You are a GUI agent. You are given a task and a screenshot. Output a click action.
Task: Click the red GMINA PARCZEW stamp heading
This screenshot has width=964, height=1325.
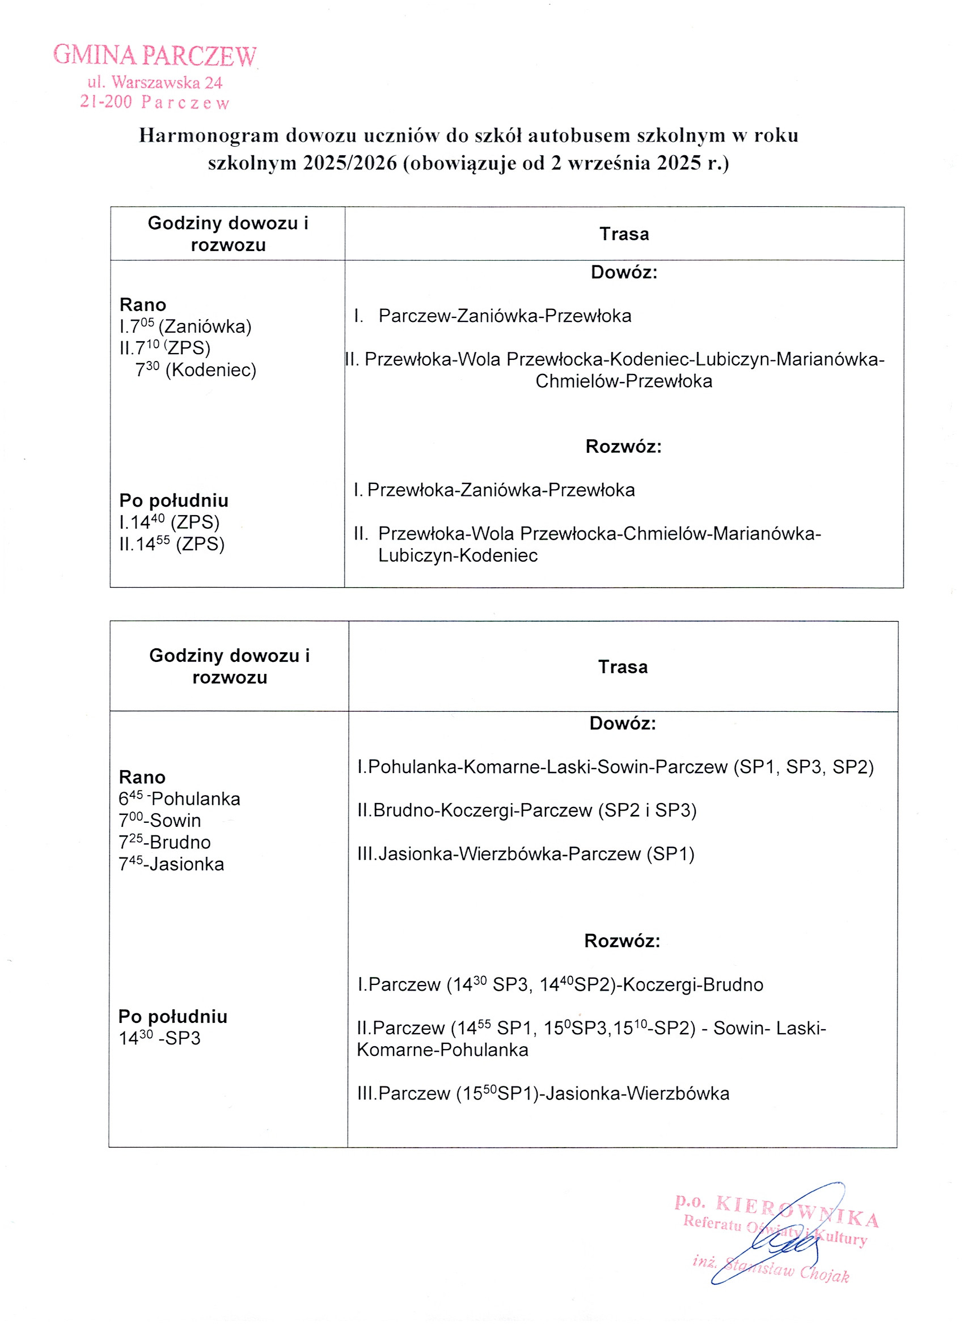[x=154, y=56]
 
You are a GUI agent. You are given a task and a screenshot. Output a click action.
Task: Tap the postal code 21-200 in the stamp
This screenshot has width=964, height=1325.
[x=106, y=101]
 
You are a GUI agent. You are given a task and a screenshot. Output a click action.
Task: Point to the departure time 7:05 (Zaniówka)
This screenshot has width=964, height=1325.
[x=185, y=326]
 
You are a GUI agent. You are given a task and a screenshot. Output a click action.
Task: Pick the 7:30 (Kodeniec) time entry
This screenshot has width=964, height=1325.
[x=196, y=370]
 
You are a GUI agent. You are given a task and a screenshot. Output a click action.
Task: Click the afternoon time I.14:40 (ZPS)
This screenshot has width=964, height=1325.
[x=169, y=523]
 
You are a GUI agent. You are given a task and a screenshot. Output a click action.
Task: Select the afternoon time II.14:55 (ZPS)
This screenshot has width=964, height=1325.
[x=172, y=544]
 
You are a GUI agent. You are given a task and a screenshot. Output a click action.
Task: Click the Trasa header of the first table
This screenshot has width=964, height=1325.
[x=624, y=234]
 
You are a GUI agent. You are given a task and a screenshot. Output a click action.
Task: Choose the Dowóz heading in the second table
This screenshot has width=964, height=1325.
[x=623, y=723]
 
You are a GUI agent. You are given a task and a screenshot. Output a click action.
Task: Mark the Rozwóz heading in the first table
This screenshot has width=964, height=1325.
[x=623, y=447]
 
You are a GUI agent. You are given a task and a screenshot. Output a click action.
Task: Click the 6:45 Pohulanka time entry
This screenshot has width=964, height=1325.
[x=179, y=799]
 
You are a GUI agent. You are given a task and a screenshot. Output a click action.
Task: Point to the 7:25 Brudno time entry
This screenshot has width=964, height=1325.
[x=164, y=843]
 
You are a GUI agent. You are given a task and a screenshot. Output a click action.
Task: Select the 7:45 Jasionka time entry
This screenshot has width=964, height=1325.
[x=171, y=864]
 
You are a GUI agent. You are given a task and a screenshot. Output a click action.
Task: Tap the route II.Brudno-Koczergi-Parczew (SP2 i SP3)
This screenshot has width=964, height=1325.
[x=527, y=810]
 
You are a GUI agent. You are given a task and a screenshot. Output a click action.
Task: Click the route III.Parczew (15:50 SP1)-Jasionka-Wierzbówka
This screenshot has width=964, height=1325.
[x=543, y=1094]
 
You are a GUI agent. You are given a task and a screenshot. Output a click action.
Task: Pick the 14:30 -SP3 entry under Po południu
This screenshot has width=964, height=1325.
[x=159, y=1038]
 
